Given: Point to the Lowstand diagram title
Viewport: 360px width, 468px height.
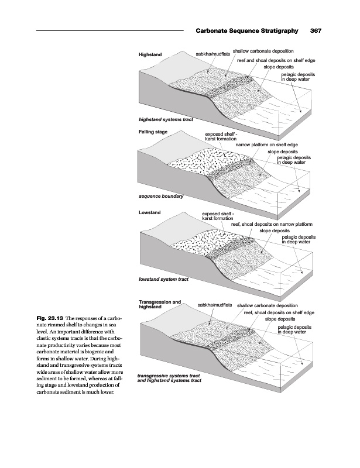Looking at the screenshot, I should pos(150,212).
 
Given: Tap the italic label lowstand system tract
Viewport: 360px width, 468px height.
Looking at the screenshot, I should pos(163,279).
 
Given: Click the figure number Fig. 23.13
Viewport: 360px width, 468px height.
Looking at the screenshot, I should pos(53,318).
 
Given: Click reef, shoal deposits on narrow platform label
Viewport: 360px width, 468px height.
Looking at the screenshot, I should pos(272,224).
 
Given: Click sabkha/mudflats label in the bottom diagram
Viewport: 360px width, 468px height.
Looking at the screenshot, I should pos(215,305).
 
